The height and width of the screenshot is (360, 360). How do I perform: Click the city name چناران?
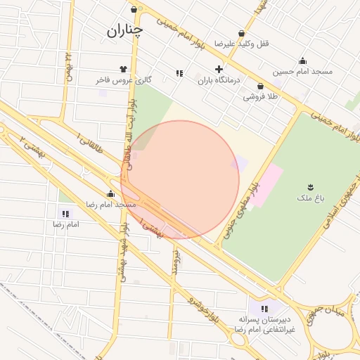click(x=124, y=30)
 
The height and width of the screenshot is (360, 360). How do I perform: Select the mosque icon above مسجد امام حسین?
click(x=303, y=60)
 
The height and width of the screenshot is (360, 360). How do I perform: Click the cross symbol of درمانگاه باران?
click(x=219, y=70)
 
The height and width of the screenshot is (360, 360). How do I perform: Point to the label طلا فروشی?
click(x=261, y=96)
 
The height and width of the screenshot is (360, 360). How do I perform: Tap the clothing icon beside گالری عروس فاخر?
click(x=124, y=70)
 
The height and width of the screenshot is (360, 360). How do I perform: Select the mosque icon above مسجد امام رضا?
click(x=110, y=193)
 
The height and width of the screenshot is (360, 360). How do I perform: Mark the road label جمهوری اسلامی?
click(x=337, y=208)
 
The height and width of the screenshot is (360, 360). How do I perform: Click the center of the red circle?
click(x=180, y=180)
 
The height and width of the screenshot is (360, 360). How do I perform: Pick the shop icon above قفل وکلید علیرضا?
click(x=242, y=33)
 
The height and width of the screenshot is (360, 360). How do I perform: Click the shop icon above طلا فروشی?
click(x=260, y=86)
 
